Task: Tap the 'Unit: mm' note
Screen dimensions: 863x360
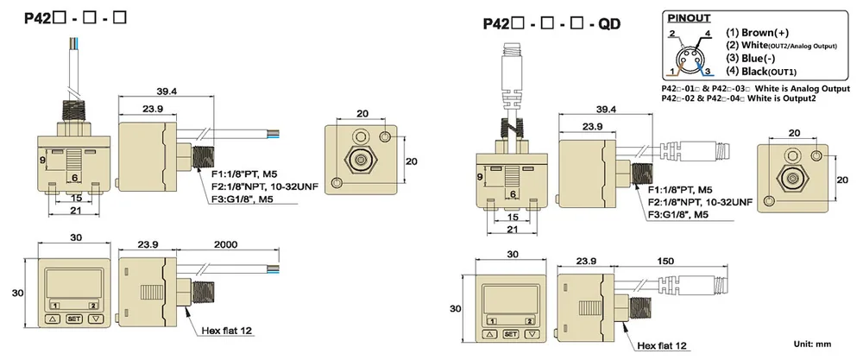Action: pyautogui.click(x=812, y=344)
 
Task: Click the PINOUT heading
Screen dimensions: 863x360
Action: pyautogui.click(x=689, y=18)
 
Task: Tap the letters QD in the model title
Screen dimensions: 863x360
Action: pyautogui.click(x=610, y=24)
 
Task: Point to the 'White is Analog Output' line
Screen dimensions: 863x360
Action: pyautogui.click(x=756, y=89)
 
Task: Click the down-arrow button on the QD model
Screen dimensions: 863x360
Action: pyautogui.click(x=531, y=334)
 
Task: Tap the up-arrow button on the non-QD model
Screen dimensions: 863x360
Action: pyautogui.click(x=53, y=319)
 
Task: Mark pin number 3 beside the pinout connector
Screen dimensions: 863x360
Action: pyautogui.click(x=708, y=71)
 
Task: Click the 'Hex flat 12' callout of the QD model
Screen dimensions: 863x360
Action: pyautogui.click(x=662, y=345)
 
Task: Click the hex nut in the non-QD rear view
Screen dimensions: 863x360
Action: pyautogui.click(x=361, y=161)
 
